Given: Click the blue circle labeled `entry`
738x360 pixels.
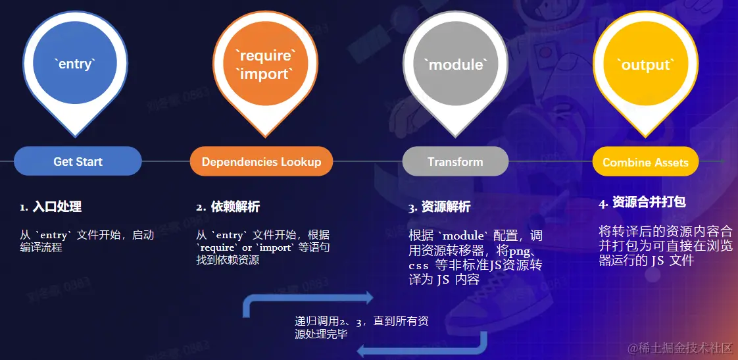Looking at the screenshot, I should click(75, 64).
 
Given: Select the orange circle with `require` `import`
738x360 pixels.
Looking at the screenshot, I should click(265, 64).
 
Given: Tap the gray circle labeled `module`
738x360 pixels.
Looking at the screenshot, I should click(456, 64).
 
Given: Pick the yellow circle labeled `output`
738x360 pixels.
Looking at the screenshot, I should click(645, 64).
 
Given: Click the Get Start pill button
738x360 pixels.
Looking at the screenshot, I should click(78, 161).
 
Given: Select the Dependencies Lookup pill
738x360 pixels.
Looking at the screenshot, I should click(261, 162).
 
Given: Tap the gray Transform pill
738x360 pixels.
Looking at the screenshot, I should click(455, 161).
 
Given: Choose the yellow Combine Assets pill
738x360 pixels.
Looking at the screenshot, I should click(645, 163).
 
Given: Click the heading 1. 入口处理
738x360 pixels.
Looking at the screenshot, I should click(51, 207).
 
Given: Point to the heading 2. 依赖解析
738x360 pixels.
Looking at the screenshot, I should click(228, 207).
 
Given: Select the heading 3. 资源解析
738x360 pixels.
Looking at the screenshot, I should click(439, 207).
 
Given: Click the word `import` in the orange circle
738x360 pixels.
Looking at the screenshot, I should click(265, 74).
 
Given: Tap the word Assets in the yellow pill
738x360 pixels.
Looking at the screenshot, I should click(672, 163).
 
